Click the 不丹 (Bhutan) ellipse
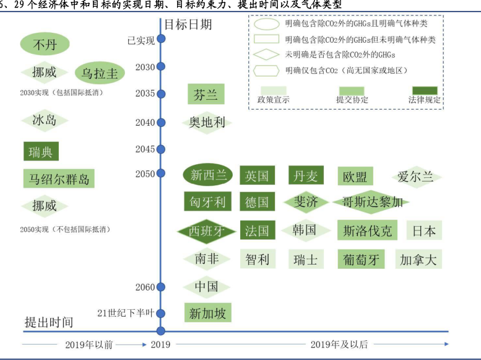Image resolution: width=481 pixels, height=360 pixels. [45, 45]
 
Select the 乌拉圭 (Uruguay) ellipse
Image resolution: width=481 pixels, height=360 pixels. [100, 73]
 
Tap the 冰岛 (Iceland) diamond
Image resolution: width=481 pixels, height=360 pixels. [44, 120]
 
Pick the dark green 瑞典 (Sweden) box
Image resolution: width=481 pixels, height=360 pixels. [41, 152]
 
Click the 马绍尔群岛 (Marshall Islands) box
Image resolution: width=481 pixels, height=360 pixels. [59, 180]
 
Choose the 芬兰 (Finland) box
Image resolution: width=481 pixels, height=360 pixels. [206, 95]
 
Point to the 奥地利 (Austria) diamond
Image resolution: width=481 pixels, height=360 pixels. [207, 122]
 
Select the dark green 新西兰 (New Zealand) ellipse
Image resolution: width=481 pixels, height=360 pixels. [209, 175]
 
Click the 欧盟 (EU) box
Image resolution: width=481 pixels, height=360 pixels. [355, 176]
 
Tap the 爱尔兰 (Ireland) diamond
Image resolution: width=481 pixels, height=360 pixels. [416, 177]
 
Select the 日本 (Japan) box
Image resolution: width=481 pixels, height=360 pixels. [424, 231]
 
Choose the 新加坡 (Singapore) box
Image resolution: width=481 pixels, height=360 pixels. [207, 313]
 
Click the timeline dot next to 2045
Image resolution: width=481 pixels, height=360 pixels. [161, 149]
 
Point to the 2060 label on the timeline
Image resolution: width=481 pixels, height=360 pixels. [145, 287]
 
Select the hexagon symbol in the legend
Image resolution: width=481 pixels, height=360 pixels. [266, 70]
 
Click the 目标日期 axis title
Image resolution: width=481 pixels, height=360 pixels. [188, 24]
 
